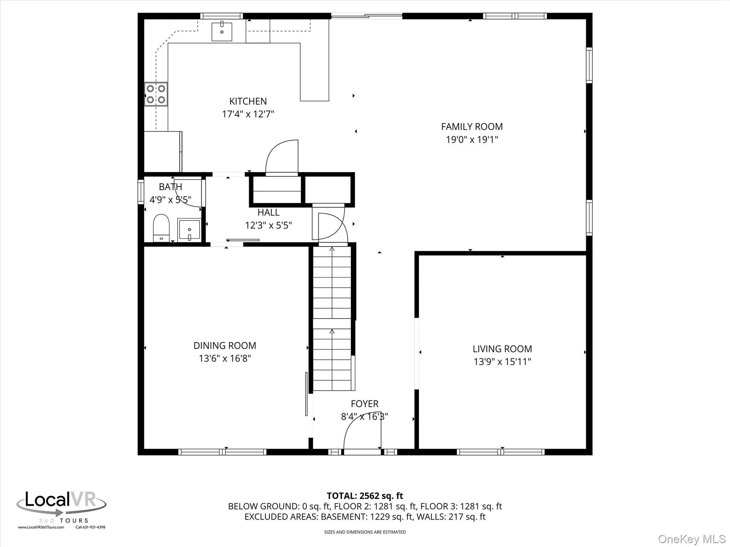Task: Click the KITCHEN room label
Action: point(248,101)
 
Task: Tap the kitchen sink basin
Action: point(222,31)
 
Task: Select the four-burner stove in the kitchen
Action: point(156,94)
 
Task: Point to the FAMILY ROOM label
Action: point(472,127)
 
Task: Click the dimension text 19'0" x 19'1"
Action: point(472,140)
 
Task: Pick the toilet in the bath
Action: point(161,228)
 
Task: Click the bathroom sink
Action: point(189,230)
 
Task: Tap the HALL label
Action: point(268,213)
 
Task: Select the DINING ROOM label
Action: point(225,346)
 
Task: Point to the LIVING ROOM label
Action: point(502,349)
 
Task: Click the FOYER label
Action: point(364,404)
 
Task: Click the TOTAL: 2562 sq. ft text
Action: point(365,496)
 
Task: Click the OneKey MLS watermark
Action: point(692,539)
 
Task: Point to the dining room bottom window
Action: point(222,452)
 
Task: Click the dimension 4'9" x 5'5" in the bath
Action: point(170,200)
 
